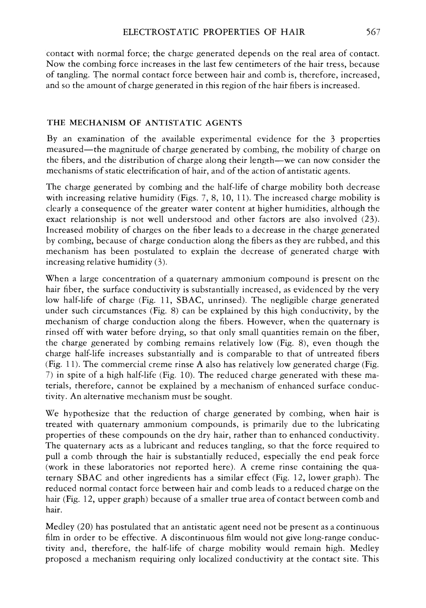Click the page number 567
tap(373, 32)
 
